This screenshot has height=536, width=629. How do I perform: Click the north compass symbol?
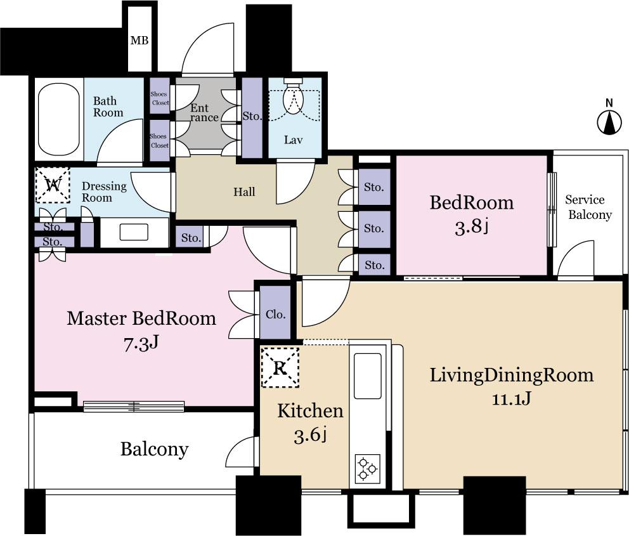[x=609, y=121]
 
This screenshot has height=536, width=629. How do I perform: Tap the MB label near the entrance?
[x=139, y=41]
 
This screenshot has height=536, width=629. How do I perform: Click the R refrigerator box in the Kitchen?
[x=280, y=367]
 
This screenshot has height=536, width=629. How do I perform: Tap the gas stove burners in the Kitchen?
[x=367, y=468]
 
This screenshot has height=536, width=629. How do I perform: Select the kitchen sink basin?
[x=367, y=376]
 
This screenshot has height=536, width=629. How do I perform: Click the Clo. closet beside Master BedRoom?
[x=275, y=314]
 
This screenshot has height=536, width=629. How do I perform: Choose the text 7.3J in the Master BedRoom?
[x=141, y=344]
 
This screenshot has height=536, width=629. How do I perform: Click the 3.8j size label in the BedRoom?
[x=471, y=226]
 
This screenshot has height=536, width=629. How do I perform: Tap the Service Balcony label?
[x=589, y=207]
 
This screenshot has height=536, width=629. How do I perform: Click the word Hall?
[x=244, y=192]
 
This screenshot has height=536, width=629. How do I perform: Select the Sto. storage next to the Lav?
[x=252, y=117]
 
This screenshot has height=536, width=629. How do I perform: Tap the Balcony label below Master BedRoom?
[x=154, y=450]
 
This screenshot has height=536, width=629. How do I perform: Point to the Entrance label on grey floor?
[x=204, y=113]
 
